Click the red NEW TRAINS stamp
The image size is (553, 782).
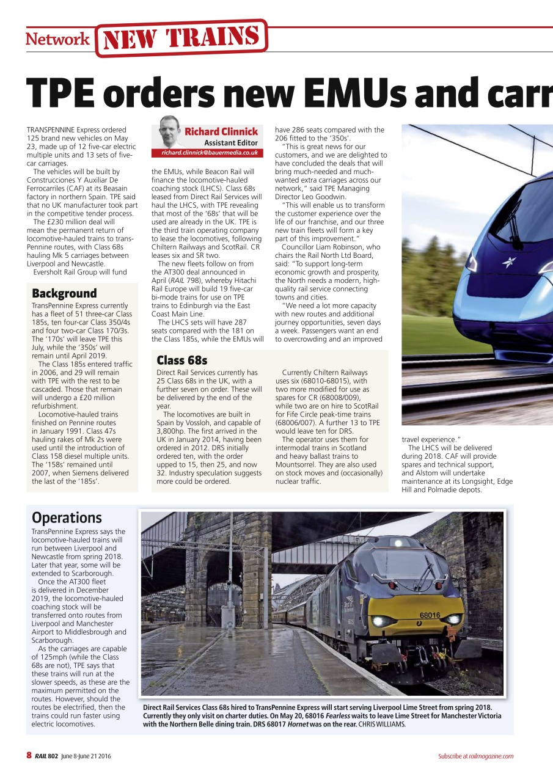[181, 38]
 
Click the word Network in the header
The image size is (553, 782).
[57, 40]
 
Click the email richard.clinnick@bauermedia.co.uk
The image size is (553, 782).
[210, 153]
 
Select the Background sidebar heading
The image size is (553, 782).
[64, 293]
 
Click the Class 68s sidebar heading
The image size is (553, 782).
[182, 360]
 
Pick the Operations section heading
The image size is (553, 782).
[67, 518]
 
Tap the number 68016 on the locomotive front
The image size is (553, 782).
[430, 615]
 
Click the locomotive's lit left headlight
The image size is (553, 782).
[376, 621]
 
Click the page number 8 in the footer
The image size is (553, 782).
[29, 756]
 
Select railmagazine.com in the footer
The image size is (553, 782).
[491, 756]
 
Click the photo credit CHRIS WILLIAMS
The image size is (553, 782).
[382, 725]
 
